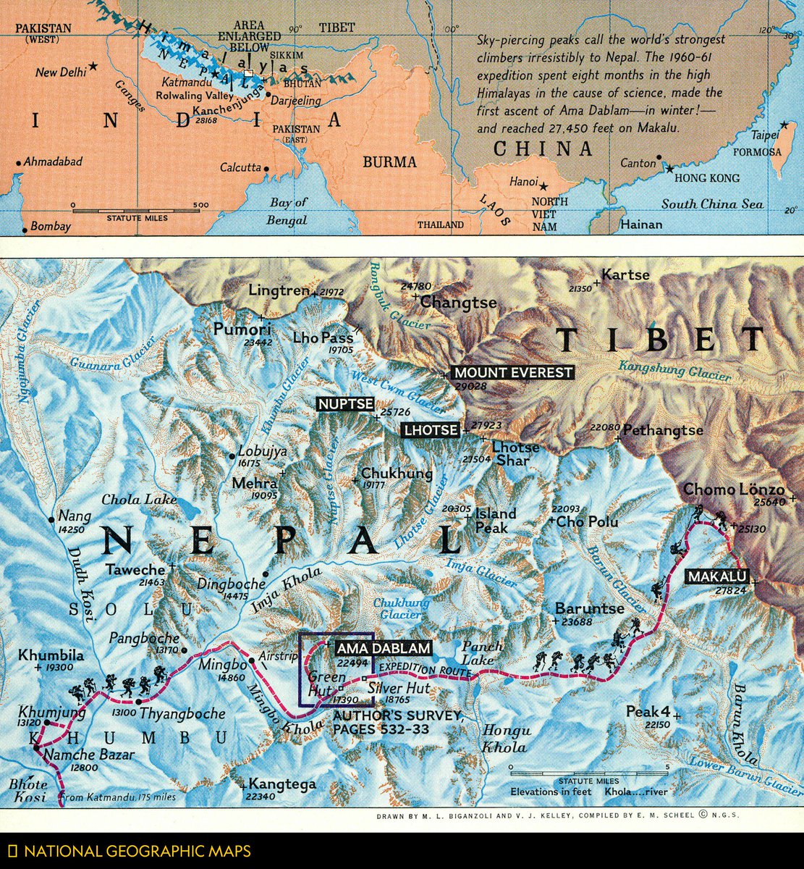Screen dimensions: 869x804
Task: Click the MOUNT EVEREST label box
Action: click(x=512, y=373)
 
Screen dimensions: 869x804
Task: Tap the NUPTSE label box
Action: click(x=345, y=403)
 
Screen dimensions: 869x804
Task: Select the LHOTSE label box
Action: click(x=431, y=430)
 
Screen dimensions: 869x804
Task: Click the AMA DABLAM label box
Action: click(x=383, y=648)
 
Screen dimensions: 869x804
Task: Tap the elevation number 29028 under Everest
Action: click(x=470, y=387)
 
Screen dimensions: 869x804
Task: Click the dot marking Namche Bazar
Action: click(x=37, y=747)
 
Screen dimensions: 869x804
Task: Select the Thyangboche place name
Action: click(x=182, y=713)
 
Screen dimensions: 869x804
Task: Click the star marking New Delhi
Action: click(x=93, y=67)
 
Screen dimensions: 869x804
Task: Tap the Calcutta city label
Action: click(x=240, y=167)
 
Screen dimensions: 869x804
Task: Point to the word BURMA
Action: click(x=390, y=161)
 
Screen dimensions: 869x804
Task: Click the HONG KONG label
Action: click(x=707, y=177)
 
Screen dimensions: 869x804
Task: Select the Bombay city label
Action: click(x=51, y=227)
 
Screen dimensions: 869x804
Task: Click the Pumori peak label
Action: click(x=242, y=329)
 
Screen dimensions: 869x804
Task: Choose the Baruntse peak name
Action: click(x=584, y=608)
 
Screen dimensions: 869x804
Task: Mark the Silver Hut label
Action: click(x=398, y=688)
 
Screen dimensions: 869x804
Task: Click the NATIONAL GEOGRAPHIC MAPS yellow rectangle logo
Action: click(x=12, y=851)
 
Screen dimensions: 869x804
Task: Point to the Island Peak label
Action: click(x=496, y=520)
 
